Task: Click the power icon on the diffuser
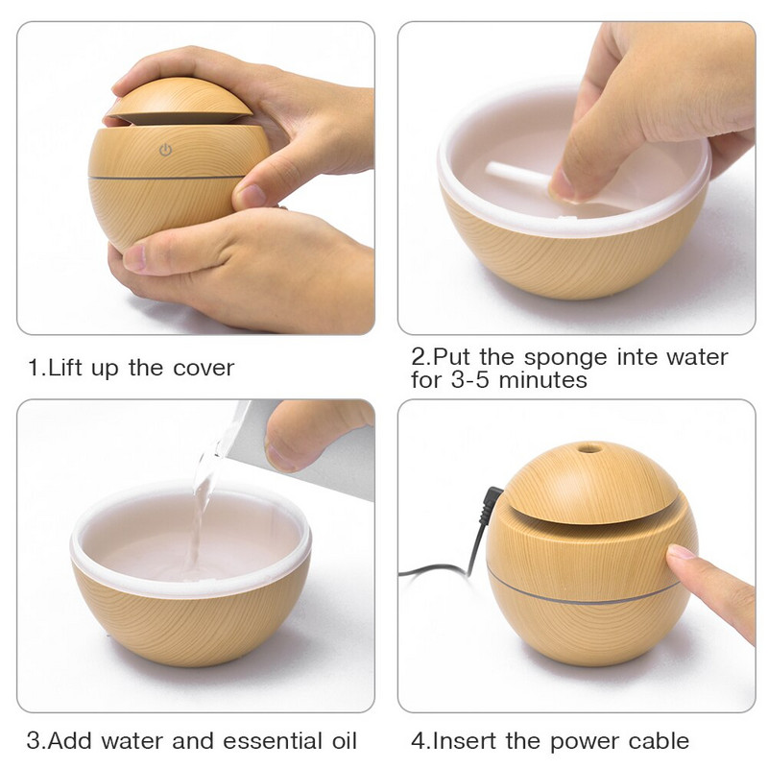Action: click(165, 150)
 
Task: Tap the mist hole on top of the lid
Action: click(586, 446)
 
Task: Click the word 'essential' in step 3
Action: click(268, 741)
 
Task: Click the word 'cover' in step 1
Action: click(203, 368)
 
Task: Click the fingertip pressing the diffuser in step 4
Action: click(681, 554)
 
